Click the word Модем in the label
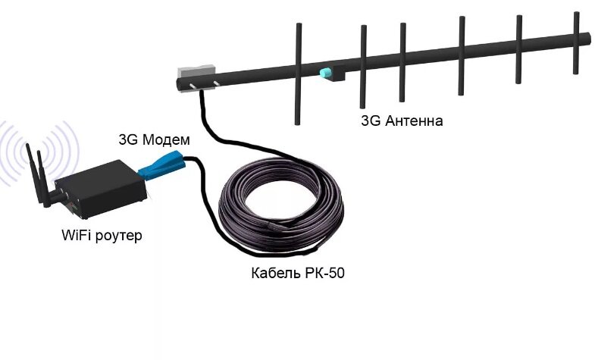coord(164,139)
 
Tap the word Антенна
coord(413,121)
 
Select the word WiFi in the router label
coord(76,236)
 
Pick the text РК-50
coord(324,273)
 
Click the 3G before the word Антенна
coord(371,121)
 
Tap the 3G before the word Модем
coord(128,139)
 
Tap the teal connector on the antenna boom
coord(326,74)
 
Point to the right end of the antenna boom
coord(587,38)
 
